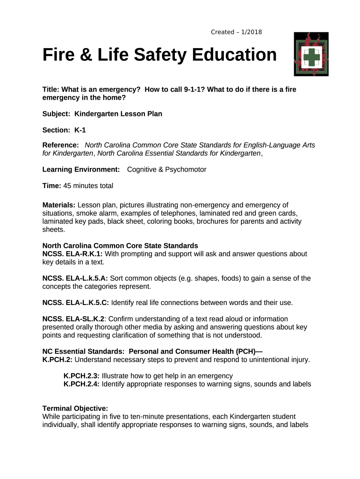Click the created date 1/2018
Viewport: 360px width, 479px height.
(252, 32)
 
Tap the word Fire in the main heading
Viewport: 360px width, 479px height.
(58, 55)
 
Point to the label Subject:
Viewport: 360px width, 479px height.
(57, 114)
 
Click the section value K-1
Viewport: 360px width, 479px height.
(80, 130)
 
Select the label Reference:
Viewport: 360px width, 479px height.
(61, 145)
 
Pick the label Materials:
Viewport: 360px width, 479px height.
(59, 205)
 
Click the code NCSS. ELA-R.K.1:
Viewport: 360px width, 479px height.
(72, 254)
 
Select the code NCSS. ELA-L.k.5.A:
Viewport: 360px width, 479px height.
(75, 278)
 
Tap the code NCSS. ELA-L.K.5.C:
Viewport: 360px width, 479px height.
(76, 303)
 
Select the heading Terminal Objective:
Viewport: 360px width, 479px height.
(75, 408)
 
